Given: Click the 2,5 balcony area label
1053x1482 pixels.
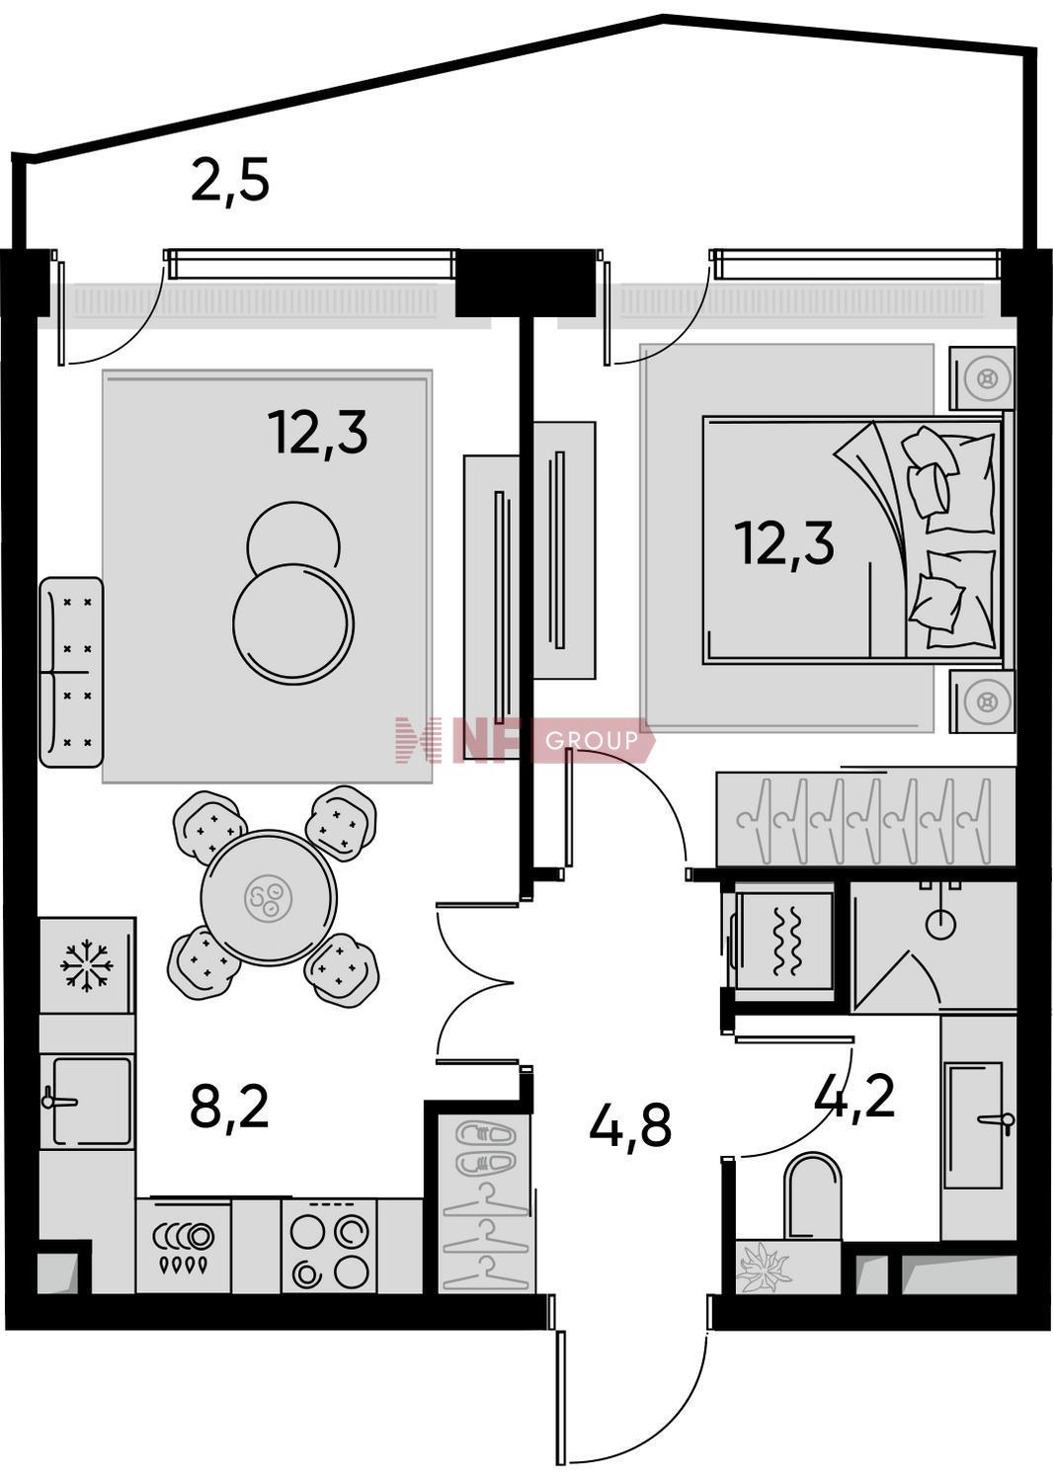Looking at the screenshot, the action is [x=230, y=181].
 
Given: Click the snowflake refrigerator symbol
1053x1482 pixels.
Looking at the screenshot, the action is [x=87, y=964].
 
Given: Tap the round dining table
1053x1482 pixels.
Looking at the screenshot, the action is [x=270, y=897].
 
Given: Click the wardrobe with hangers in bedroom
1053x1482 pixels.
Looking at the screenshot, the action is [x=865, y=817].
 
